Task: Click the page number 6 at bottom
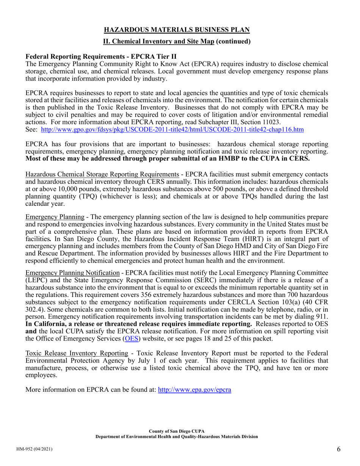click(x=338, y=449)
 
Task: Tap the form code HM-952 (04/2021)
click(x=34, y=449)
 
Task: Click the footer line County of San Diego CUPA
click(x=177, y=431)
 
